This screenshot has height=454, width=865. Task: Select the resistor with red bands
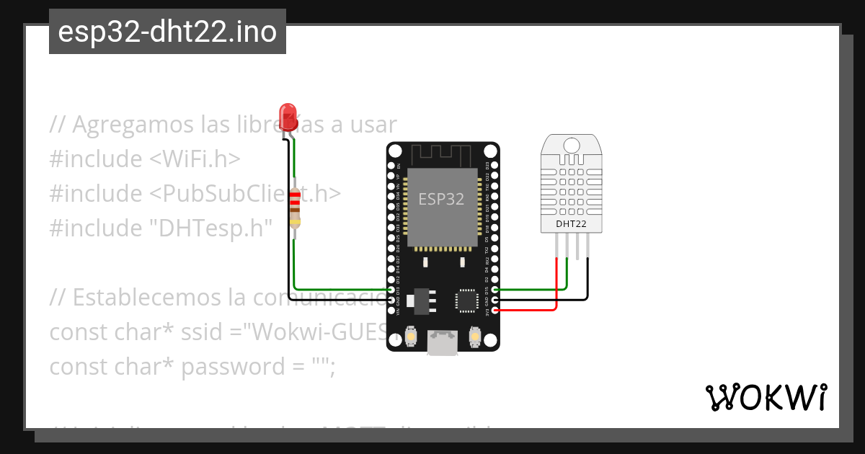point(294,208)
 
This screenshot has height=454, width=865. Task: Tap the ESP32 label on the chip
point(441,199)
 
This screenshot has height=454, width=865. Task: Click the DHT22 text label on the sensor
point(570,224)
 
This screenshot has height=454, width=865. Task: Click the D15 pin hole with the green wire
point(494,290)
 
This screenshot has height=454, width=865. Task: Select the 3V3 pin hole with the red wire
point(494,310)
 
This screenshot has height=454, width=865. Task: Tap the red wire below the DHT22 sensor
point(556,285)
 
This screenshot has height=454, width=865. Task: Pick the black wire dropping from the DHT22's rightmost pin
point(588,277)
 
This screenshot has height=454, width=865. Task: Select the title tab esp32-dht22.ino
point(167,32)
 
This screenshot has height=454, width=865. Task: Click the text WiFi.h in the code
point(196,159)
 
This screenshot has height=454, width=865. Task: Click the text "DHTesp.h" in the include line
point(210,228)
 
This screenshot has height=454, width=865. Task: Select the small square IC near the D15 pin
point(465,301)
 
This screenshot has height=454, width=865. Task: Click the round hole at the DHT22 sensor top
point(571,145)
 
